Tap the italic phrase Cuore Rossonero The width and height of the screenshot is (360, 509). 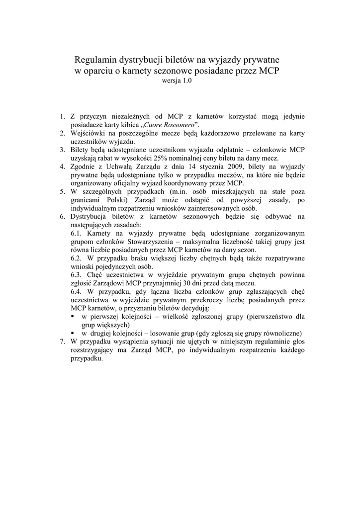pyautogui.click(x=169, y=124)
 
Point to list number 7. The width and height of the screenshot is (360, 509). pyautogui.click(x=63, y=341)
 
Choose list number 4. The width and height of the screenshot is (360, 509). pyautogui.click(x=63, y=166)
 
